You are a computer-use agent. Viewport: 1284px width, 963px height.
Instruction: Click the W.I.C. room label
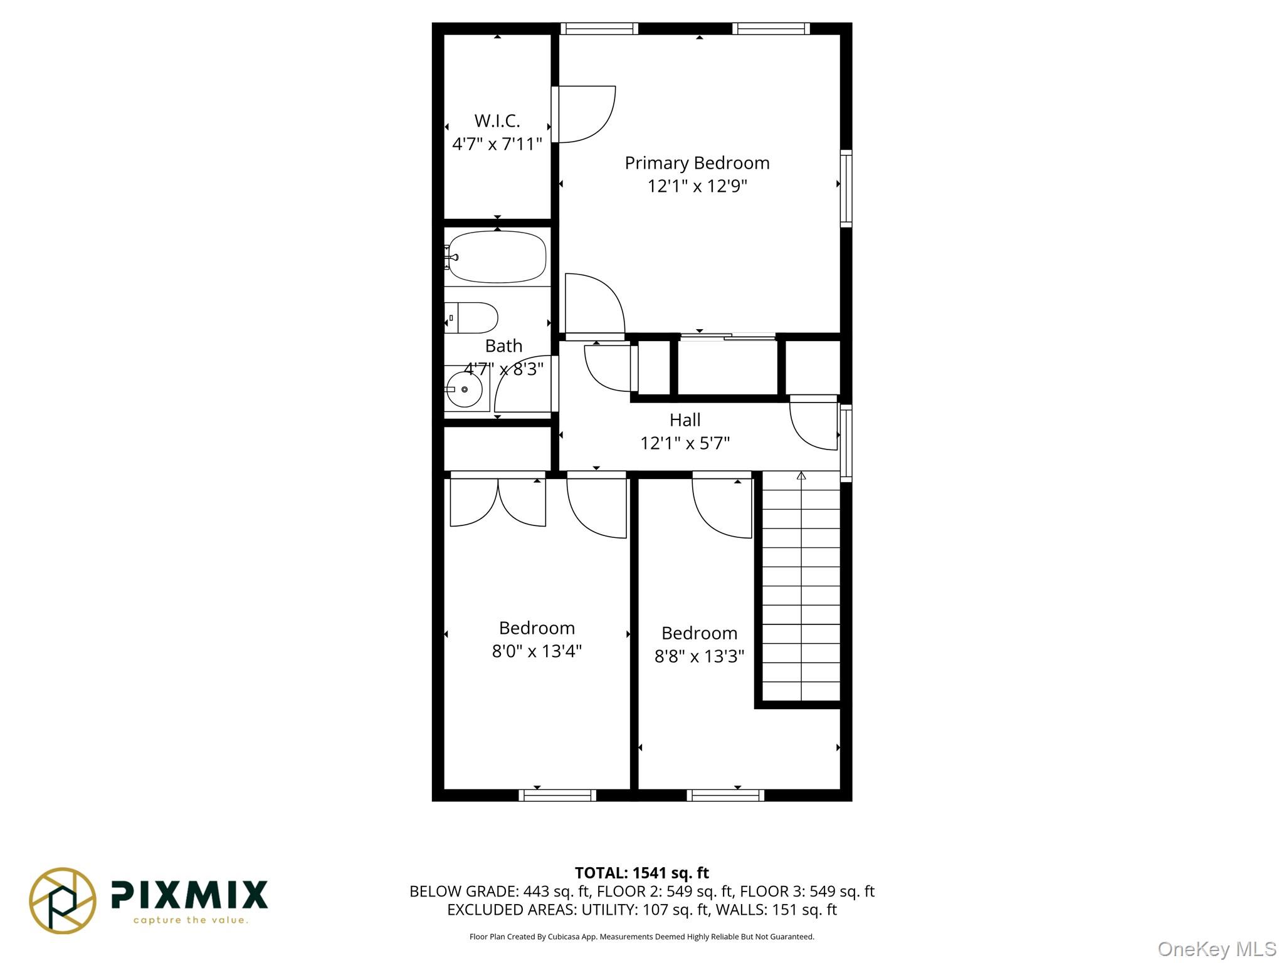[497, 120]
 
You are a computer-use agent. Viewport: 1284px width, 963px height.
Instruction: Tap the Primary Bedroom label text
[697, 163]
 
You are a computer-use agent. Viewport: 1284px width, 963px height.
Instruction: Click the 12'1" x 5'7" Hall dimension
[685, 443]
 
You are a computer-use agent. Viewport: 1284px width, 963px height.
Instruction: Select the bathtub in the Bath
[497, 257]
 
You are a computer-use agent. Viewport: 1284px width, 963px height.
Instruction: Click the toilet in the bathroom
[471, 318]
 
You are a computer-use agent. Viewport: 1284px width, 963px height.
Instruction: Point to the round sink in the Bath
[464, 389]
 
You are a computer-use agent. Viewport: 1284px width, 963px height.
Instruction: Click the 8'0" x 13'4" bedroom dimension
[537, 651]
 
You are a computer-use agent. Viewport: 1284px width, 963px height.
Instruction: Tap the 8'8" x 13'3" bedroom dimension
[699, 656]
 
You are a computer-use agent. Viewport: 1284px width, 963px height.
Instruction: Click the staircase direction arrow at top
[801, 476]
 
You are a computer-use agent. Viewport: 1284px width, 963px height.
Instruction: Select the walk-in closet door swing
[584, 115]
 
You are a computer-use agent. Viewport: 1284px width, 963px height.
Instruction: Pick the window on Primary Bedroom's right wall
[846, 187]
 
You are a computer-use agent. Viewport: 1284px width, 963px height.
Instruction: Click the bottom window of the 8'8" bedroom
[725, 796]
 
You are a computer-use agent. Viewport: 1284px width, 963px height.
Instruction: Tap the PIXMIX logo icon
[63, 900]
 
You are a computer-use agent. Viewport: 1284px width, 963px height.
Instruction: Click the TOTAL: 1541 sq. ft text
[641, 873]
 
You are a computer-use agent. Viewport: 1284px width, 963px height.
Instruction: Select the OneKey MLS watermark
[1216, 949]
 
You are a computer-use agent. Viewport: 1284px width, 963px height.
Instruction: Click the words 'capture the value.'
[191, 920]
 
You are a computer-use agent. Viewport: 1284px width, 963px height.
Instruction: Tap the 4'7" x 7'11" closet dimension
[497, 144]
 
